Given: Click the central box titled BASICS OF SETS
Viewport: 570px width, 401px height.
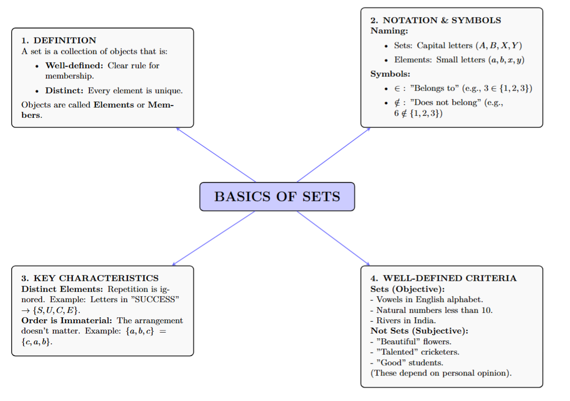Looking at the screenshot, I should (x=277, y=197).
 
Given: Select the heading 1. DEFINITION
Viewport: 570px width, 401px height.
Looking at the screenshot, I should (x=59, y=41).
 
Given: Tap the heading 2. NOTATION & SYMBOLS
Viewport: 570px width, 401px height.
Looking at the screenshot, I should (x=435, y=21).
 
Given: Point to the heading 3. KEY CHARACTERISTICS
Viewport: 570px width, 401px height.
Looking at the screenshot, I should (x=90, y=278).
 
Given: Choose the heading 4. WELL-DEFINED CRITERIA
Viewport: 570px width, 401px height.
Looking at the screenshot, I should (x=443, y=278).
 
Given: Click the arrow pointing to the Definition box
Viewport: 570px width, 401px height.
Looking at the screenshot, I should (x=215, y=155).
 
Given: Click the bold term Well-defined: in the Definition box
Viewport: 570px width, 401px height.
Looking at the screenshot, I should (x=74, y=66).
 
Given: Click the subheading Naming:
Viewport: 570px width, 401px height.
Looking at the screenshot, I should (x=389, y=31).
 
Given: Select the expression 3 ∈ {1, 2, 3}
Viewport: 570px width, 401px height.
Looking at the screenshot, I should (x=507, y=89).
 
